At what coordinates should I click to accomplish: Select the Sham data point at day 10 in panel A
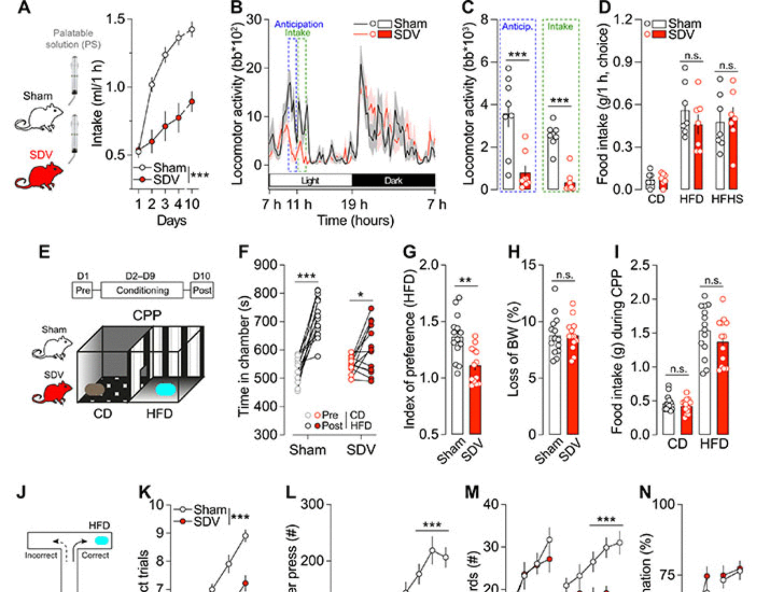[192, 30]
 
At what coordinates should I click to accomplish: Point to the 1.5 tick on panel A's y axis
[115, 19]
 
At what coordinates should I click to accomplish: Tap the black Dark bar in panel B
[393, 180]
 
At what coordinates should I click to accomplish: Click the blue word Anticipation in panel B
[298, 24]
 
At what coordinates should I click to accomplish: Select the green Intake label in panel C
[560, 27]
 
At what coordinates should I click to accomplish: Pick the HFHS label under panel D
[727, 199]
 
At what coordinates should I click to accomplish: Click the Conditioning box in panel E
[142, 290]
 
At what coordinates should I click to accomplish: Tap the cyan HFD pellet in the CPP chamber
[166, 390]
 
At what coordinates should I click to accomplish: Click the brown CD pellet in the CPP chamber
[95, 390]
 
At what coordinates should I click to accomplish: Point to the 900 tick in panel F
[266, 265]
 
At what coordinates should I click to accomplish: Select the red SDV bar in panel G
[475, 400]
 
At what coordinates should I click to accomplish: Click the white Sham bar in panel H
[555, 385]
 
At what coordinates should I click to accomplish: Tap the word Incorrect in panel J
[41, 555]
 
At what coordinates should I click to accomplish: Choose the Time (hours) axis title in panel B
[355, 221]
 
